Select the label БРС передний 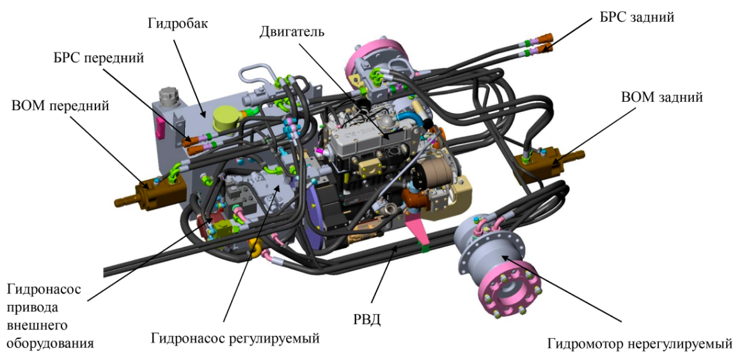pos(99,58)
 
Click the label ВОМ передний pos(61,105)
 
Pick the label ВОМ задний pos(661,97)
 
